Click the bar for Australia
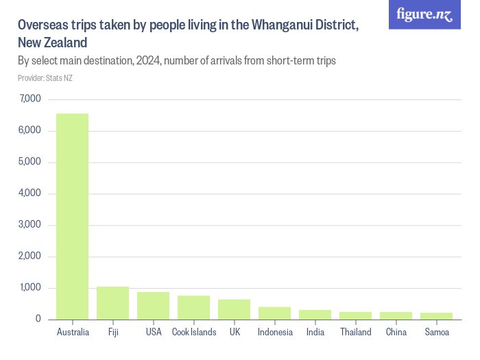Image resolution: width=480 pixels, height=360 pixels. tap(72, 216)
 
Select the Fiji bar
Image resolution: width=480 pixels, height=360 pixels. tap(112, 303)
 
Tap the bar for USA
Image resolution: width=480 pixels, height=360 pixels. tap(153, 306)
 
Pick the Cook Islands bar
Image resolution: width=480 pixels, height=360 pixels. tap(193, 307)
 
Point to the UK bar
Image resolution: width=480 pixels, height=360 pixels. tap(234, 309)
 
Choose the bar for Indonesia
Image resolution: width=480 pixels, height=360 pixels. tap(274, 313)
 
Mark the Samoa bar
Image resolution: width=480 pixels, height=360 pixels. tap(436, 316)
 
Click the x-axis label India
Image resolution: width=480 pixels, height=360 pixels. tap(315, 333)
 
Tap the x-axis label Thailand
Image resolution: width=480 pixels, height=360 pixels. tap(355, 333)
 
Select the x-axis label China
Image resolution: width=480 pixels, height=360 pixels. tap(396, 333)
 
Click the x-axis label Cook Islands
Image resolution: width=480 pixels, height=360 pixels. tap(194, 333)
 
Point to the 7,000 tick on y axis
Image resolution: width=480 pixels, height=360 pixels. tap(31, 99)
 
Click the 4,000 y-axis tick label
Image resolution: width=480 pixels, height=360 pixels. tap(31, 193)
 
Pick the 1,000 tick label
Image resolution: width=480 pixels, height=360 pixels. tap(31, 288)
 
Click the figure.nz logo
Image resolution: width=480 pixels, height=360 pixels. tap(424, 14)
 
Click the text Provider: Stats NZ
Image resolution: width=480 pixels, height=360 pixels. tap(45, 78)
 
